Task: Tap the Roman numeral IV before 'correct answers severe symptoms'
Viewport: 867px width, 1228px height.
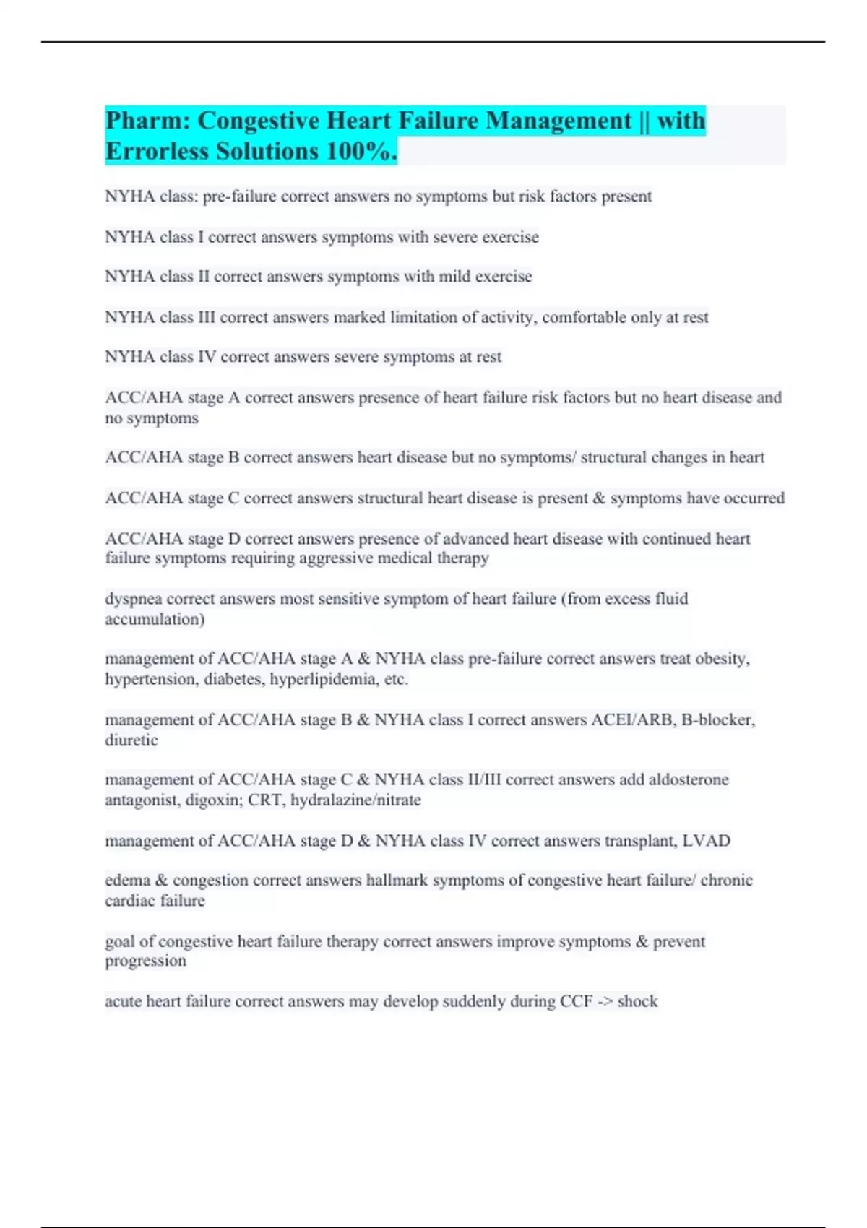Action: (207, 357)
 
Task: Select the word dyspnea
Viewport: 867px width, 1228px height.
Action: (133, 599)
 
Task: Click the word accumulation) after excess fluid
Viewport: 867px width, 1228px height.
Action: (155, 619)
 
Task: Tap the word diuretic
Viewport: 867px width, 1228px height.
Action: (131, 740)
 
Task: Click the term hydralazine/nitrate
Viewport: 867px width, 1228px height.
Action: (355, 800)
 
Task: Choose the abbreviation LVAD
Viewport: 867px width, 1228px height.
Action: (706, 841)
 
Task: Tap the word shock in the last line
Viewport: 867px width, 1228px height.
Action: (637, 1001)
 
